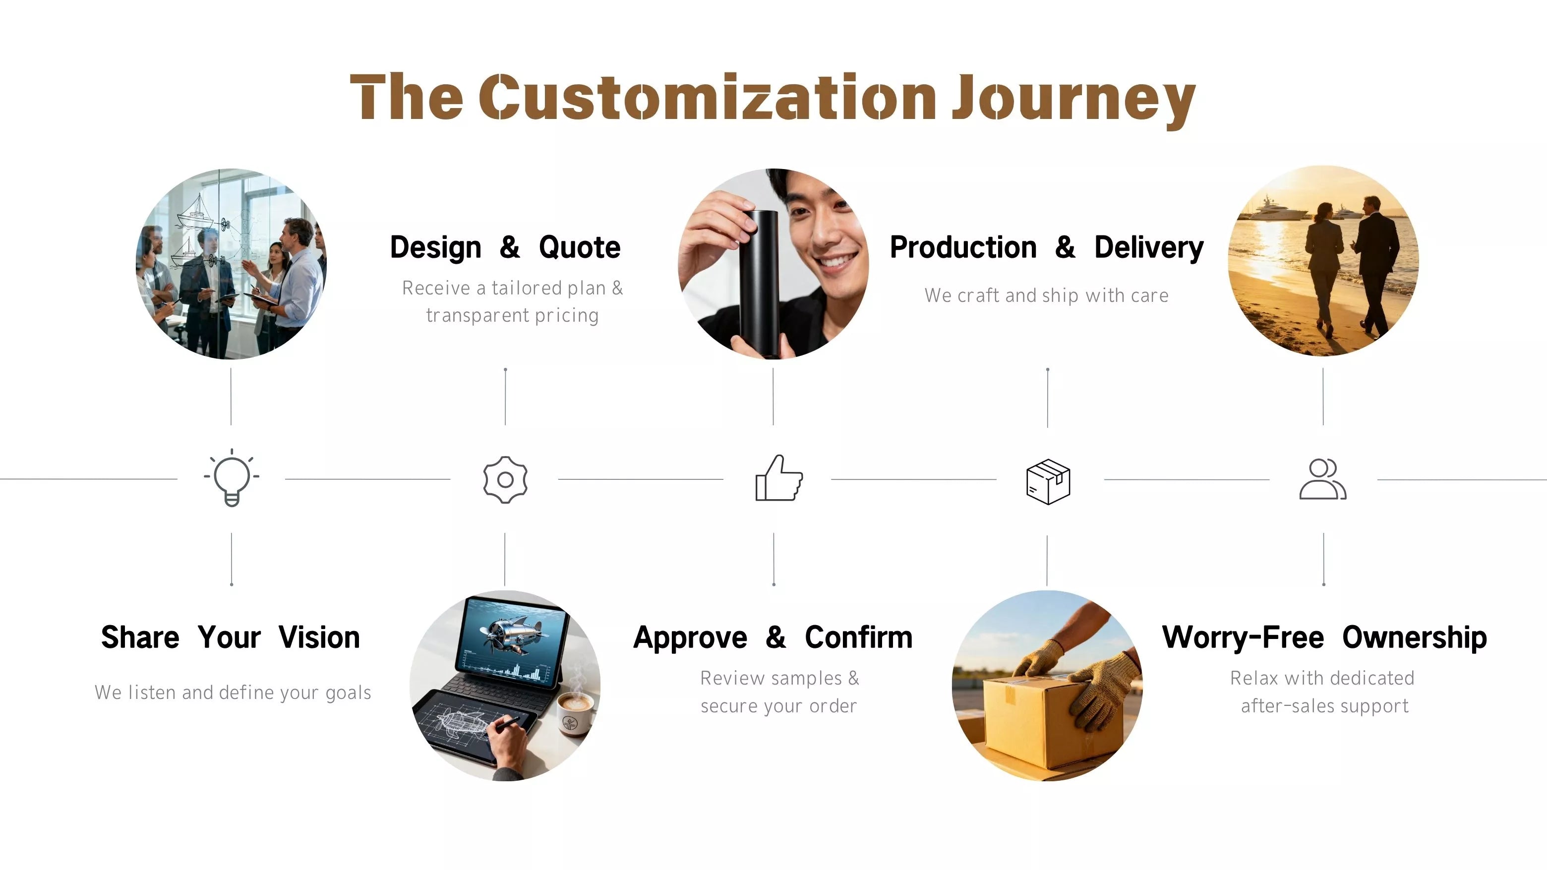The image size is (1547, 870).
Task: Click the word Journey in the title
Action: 1074,99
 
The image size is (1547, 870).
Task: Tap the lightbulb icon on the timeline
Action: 232,477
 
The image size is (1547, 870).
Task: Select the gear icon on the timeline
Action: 505,479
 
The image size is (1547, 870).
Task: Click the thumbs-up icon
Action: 779,478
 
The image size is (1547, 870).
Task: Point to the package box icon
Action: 1048,481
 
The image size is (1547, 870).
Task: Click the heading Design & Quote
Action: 505,247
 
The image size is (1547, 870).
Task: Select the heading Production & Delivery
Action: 1047,247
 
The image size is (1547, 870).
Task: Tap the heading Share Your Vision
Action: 231,637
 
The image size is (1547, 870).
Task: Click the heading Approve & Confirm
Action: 773,638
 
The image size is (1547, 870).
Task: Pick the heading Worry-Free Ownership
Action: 1324,638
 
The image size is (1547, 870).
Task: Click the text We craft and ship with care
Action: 1047,295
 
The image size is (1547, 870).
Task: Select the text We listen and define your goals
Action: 233,692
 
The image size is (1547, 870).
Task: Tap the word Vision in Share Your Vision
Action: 319,637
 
